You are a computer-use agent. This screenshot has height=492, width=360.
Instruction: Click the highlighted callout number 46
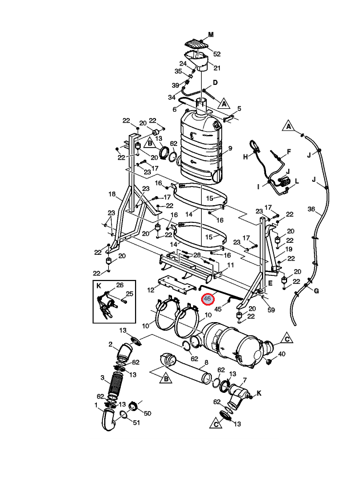pyautogui.click(x=207, y=298)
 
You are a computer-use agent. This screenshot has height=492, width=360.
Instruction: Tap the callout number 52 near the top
pyautogui.click(x=216, y=54)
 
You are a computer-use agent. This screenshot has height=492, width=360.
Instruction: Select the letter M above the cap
pyautogui.click(x=211, y=35)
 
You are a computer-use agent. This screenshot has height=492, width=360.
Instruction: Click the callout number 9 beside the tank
pyautogui.click(x=230, y=149)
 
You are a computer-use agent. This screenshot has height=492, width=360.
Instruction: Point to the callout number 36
pyautogui.click(x=311, y=209)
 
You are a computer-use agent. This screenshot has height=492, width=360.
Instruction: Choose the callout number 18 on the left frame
pyautogui.click(x=112, y=194)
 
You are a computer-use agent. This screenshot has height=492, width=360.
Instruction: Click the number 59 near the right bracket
pyautogui.click(x=271, y=310)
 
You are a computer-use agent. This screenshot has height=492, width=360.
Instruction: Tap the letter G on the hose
pyautogui.click(x=317, y=291)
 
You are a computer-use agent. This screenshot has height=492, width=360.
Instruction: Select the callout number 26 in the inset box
pyautogui.click(x=120, y=285)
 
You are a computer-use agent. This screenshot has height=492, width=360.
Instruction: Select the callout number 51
pyautogui.click(x=136, y=422)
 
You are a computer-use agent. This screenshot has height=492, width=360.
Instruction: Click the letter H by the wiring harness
pyautogui.click(x=246, y=156)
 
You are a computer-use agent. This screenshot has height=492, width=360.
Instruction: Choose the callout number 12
pyautogui.click(x=151, y=290)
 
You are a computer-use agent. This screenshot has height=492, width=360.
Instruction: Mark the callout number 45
pyautogui.click(x=218, y=309)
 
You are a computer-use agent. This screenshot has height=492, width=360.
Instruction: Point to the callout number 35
pyautogui.click(x=178, y=71)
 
